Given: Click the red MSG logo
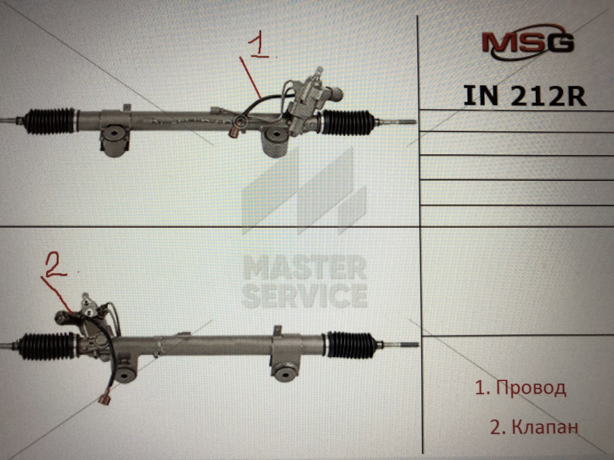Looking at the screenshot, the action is tap(528, 42).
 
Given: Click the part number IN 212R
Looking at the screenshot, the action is tap(524, 96).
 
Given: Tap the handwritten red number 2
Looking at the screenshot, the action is tap(56, 264).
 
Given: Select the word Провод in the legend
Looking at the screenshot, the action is tap(531, 388).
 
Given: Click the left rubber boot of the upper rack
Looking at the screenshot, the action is tap(49, 121).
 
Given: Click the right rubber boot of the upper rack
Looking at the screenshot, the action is tap(347, 123).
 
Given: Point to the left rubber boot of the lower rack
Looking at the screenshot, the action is tap(47, 346).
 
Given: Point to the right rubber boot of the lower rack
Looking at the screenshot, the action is tap(350, 345).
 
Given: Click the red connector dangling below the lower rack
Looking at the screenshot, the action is tap(104, 399).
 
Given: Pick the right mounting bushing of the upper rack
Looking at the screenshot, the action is tap(274, 141).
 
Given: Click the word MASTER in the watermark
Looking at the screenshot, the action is tap(304, 267).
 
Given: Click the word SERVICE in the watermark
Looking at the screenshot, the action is tap(304, 296).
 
